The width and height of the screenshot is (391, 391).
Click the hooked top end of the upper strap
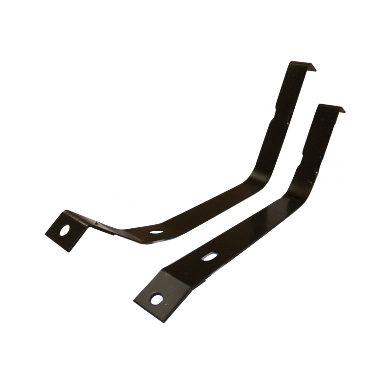[x=303, y=66]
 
